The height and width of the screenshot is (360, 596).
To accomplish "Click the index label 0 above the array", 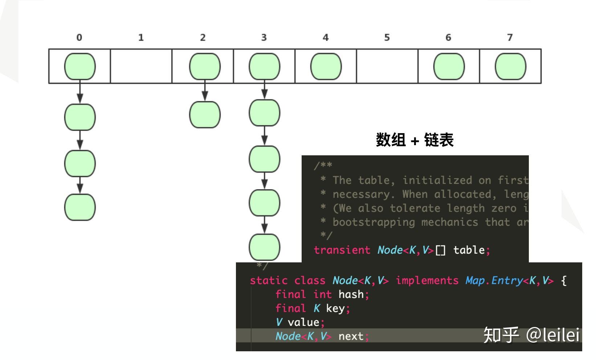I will [79, 37].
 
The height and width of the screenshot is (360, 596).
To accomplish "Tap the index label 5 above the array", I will [387, 37].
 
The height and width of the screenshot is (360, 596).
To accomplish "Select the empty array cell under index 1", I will [141, 66].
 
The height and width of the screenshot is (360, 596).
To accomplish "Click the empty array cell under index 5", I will [387, 66].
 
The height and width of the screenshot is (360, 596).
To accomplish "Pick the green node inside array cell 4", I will [326, 67].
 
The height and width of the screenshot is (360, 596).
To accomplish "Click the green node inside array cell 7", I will [510, 67].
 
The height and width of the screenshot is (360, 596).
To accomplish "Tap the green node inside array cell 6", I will [449, 67].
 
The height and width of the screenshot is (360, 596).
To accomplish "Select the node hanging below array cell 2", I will [205, 115].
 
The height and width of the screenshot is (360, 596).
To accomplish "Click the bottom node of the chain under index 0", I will [80, 207].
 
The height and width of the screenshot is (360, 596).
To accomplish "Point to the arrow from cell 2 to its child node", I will [205, 91].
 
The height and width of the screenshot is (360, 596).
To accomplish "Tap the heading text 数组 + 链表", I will [415, 140].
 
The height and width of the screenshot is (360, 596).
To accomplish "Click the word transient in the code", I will [342, 250].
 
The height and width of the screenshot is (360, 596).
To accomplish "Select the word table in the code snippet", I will [469, 250].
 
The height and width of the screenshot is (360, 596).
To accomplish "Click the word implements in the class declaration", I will [427, 281].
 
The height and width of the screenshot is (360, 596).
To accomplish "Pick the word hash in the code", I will [351, 294].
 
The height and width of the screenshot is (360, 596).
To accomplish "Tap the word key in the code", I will [335, 308].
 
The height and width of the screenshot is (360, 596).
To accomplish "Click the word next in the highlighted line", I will [351, 336].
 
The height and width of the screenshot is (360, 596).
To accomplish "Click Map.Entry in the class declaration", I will [493, 281].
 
